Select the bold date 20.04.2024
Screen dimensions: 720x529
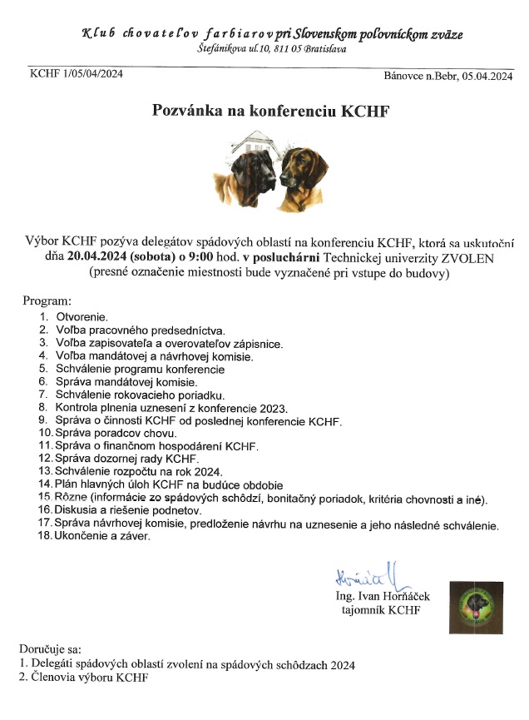coord(103,257)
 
